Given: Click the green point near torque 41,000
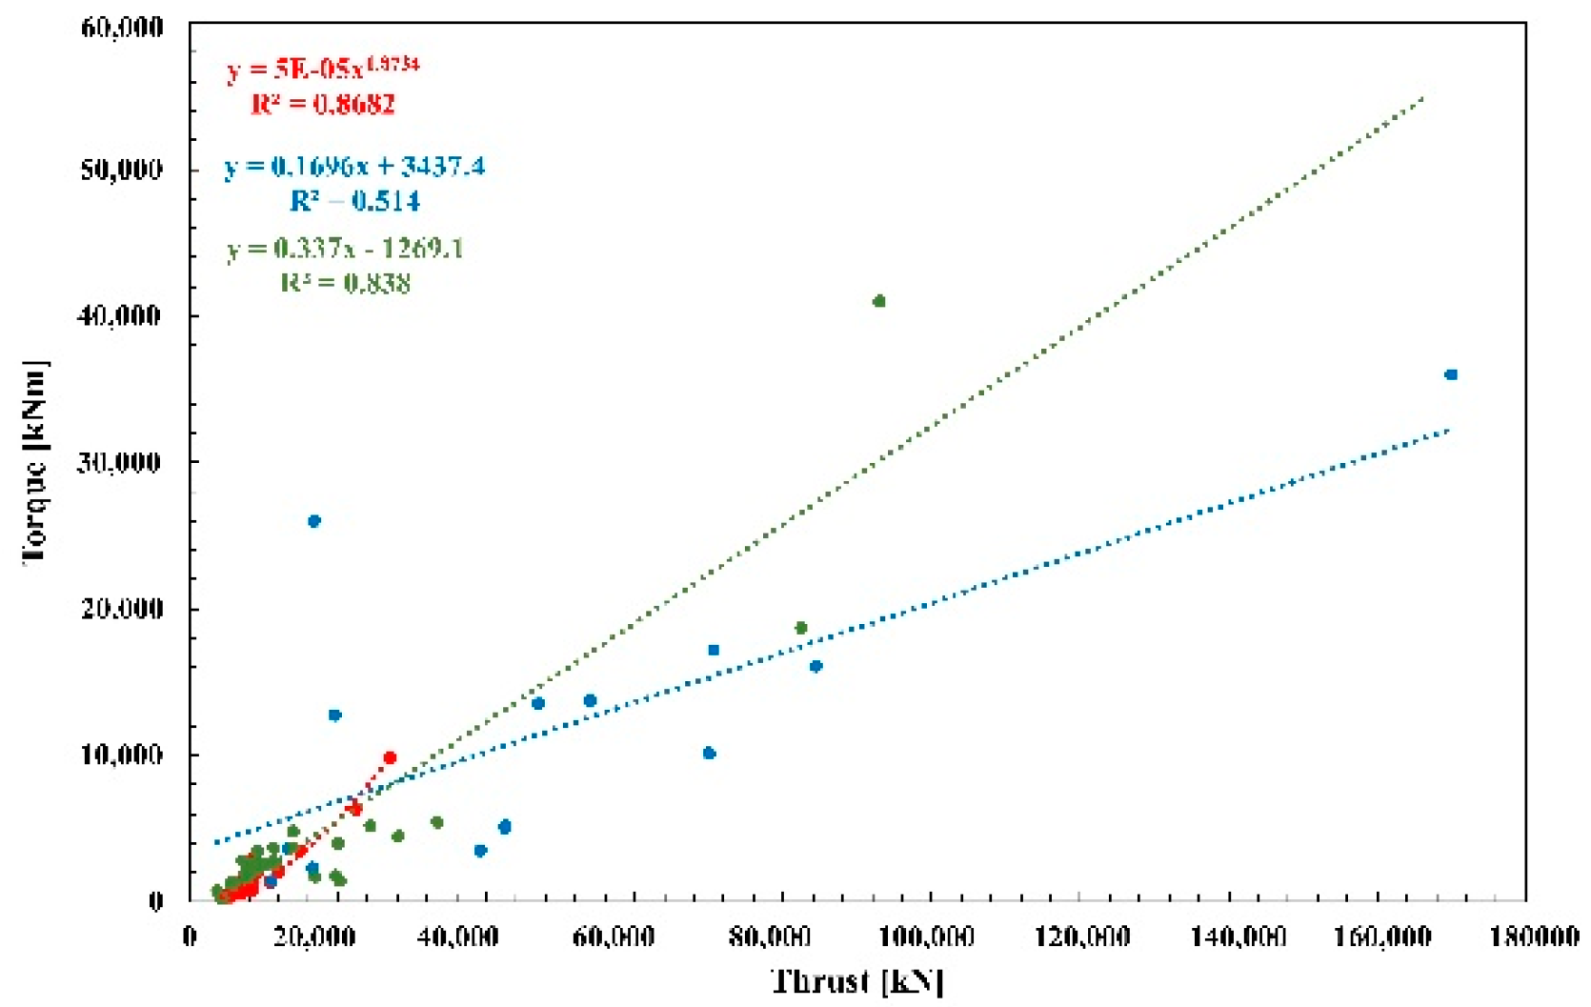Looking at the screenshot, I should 878,301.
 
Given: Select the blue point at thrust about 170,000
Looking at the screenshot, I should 1451,374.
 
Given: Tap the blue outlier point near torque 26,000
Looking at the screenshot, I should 314,521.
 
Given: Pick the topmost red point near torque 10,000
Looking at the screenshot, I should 390,757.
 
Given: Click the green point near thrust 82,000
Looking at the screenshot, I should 801,628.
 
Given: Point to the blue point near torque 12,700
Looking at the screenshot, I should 334,715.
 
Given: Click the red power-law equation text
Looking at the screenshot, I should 322,70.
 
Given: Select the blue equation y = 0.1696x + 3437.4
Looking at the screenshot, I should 354,167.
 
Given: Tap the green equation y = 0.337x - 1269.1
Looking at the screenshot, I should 345,249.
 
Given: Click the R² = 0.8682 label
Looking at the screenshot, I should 323,104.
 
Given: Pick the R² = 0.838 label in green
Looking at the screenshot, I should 345,283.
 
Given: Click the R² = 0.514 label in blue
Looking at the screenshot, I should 354,201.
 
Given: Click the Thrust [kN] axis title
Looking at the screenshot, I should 857,980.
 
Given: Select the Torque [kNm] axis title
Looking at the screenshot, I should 36,462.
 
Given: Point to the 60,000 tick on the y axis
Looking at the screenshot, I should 122,27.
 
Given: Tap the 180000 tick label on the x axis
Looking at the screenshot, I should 1534,937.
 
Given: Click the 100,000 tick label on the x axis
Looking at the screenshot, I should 926,937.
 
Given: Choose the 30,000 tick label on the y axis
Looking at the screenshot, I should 119,462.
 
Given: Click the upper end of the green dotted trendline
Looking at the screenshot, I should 1423,97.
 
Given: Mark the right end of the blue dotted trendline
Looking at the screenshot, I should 1448,431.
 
